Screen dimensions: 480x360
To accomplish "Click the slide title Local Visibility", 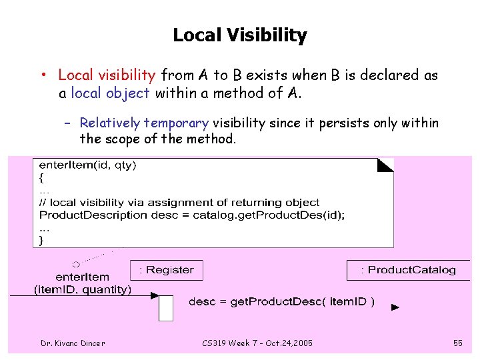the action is pos(239,35).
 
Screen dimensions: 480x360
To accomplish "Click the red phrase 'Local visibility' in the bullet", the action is pos(107,75).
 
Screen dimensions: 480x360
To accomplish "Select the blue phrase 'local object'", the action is pos(110,93).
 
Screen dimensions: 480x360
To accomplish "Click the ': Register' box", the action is pos(167,270).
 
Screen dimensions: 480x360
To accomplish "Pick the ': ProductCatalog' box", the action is pos(408,270).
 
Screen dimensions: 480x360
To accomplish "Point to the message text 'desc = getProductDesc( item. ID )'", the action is pos(281,302).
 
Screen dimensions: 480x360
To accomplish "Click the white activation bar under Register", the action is pos(166,308).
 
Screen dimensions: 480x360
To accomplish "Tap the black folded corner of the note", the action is pos(386,165).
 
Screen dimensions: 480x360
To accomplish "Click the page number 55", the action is pos(457,343).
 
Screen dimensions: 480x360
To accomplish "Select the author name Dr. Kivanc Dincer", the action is pos(73,343).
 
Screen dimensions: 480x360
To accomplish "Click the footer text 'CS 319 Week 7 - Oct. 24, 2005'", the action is pos(257,343).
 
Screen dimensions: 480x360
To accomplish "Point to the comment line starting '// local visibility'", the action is pos(179,203).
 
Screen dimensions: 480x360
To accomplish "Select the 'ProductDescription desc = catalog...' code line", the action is pos(192,215).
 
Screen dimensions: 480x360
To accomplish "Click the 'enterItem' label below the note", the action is pos(83,277).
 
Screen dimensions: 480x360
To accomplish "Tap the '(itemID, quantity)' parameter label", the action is pos(83,289).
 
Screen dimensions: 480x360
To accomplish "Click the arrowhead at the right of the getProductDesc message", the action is pos(395,307).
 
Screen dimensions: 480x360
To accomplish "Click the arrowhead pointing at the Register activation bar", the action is pos(155,295).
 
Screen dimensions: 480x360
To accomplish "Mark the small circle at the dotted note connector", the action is pos(76,264).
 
